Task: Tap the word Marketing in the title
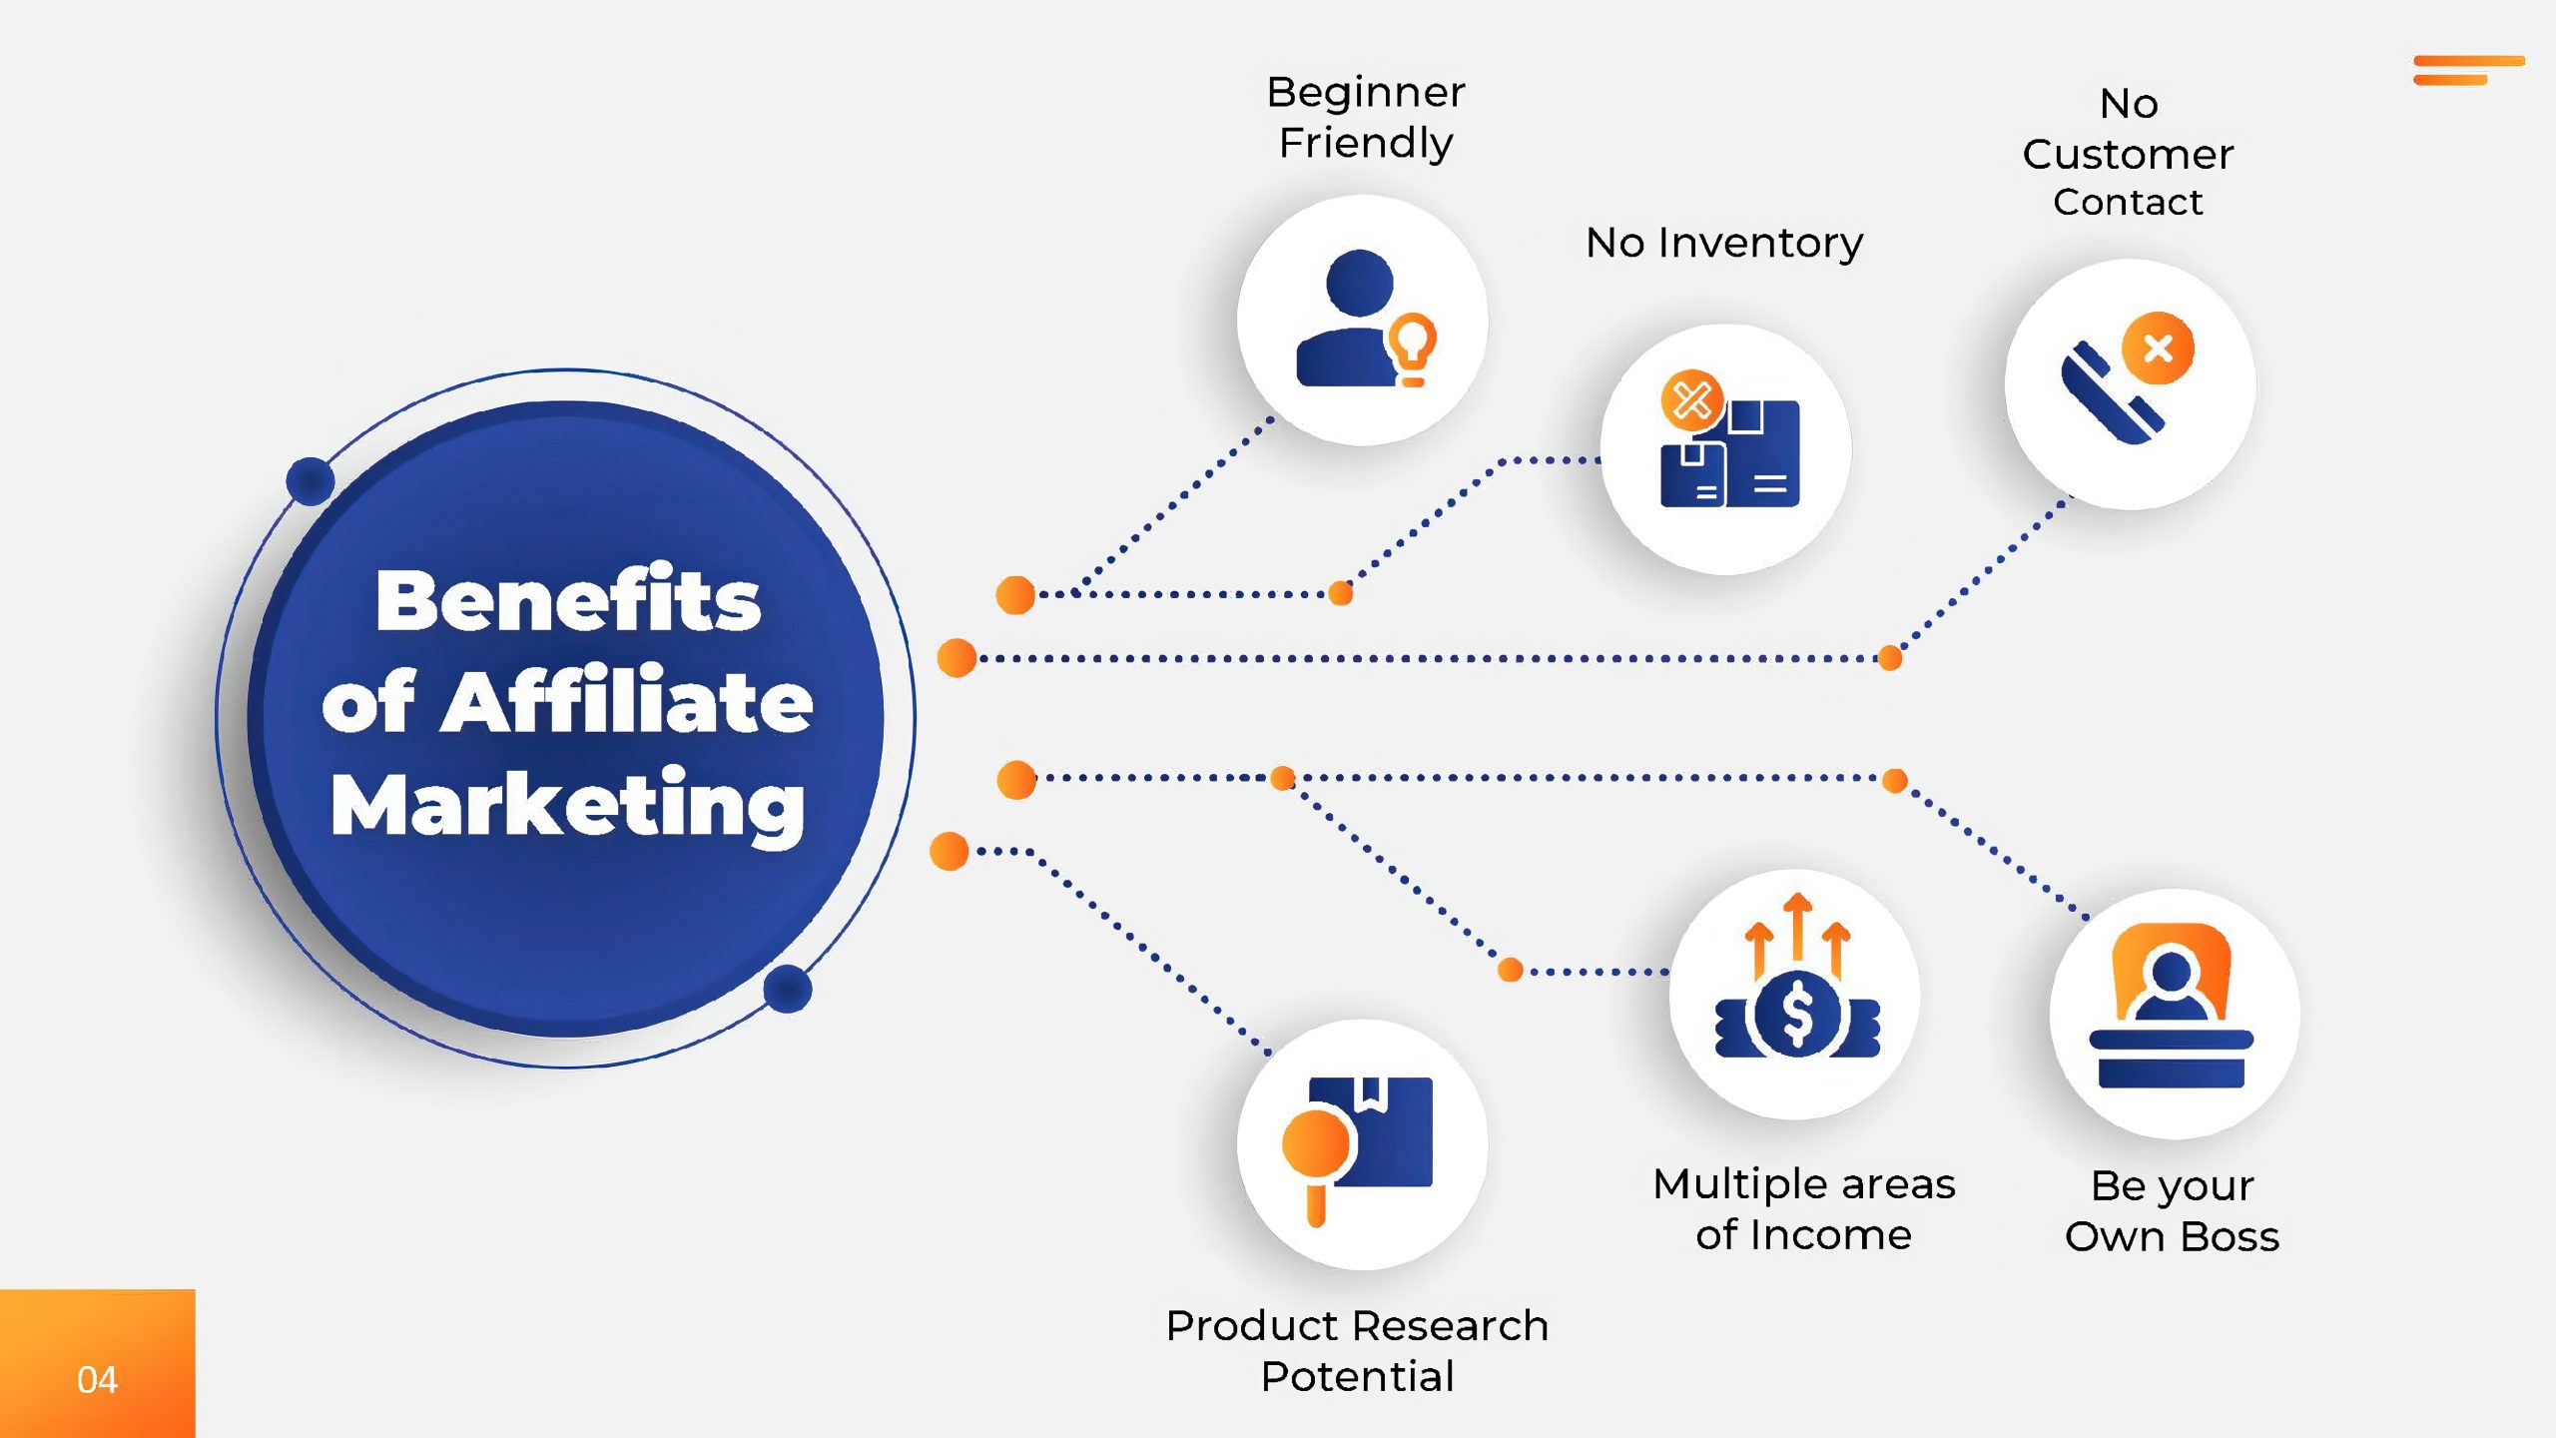568,806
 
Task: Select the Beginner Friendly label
1366,117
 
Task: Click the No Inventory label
1724,243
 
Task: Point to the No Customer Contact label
2128,152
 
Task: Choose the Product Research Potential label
1357,1351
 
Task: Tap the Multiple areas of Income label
1804,1209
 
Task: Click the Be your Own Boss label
2173,1211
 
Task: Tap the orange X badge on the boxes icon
1692,401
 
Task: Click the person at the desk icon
2172,1006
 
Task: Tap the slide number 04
97,1380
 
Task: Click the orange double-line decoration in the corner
2468,70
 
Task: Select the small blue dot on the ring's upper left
311,481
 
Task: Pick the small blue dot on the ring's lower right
788,989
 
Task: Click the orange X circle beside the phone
2159,348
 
